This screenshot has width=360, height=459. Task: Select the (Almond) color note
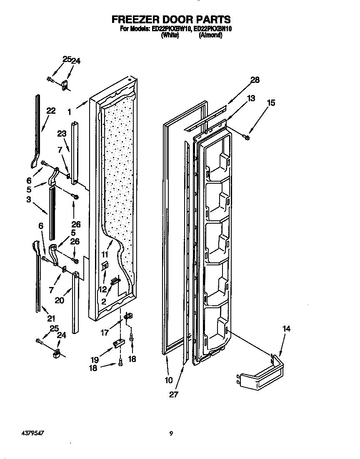click(x=210, y=35)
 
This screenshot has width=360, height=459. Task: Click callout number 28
click(x=255, y=80)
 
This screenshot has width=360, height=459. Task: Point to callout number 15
click(x=271, y=103)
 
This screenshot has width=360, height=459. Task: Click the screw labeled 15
click(x=247, y=137)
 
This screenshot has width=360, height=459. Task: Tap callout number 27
click(x=173, y=394)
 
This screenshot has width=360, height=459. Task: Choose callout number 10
click(x=168, y=380)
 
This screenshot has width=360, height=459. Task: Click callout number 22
click(x=51, y=111)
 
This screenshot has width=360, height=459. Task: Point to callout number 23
click(x=62, y=134)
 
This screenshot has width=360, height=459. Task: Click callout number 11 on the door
click(x=104, y=254)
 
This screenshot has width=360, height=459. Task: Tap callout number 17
click(x=105, y=332)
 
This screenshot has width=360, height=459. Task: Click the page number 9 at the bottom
click(x=171, y=434)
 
